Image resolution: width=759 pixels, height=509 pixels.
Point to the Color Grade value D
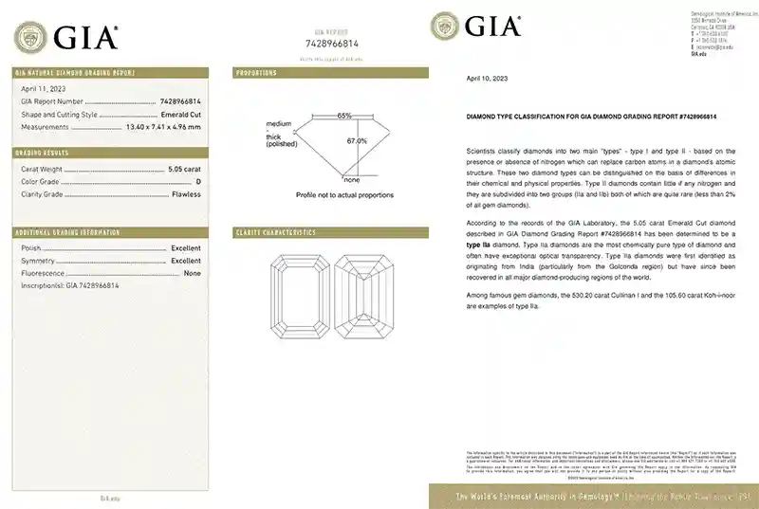tap(197, 180)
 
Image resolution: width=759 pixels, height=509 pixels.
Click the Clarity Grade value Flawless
tap(185, 193)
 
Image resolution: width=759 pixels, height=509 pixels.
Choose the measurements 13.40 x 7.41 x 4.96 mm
tap(163, 126)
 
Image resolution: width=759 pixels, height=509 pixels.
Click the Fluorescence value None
tap(193, 273)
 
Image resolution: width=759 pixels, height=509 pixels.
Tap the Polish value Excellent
tap(185, 246)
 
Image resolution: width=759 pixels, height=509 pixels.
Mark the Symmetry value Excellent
tap(185, 260)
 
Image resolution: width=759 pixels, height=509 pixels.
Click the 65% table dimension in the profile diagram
tap(343, 116)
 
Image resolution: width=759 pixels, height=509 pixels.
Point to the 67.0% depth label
tap(357, 141)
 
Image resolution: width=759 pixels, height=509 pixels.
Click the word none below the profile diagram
tap(351, 180)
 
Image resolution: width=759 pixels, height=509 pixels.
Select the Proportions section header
tap(256, 72)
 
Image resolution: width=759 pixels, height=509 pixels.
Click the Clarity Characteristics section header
tap(275, 232)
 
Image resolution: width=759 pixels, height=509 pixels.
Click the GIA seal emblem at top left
tap(29, 37)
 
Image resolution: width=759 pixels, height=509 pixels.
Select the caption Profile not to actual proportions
tap(344, 194)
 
